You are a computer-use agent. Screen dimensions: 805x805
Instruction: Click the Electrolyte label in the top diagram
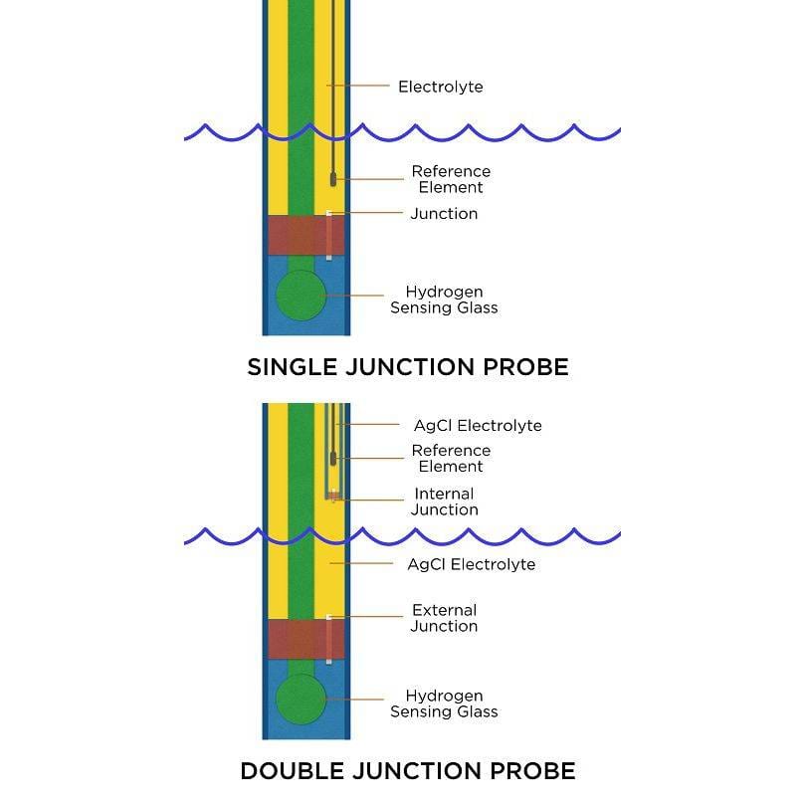pyautogui.click(x=440, y=87)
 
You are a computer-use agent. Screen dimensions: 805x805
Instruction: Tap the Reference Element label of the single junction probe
pyautogui.click(x=451, y=179)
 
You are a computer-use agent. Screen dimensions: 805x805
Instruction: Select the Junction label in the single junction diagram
pyautogui.click(x=444, y=214)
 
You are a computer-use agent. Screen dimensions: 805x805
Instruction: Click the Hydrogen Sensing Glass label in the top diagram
pyautogui.click(x=444, y=300)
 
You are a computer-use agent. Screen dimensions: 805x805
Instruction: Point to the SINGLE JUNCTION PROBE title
pyautogui.click(x=407, y=367)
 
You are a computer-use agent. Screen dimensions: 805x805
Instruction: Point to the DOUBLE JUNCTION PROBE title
pyautogui.click(x=407, y=770)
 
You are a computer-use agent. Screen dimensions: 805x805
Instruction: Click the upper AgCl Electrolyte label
pyautogui.click(x=478, y=425)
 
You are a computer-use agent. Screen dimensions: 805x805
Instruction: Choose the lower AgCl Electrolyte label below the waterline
pyautogui.click(x=471, y=564)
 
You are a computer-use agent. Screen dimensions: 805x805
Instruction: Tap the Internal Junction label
pyautogui.click(x=444, y=502)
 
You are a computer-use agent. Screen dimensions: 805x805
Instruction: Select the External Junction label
pyautogui.click(x=444, y=618)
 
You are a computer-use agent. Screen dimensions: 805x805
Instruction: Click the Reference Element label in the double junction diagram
pyautogui.click(x=451, y=458)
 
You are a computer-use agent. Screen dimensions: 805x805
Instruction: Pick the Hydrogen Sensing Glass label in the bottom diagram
pyautogui.click(x=444, y=704)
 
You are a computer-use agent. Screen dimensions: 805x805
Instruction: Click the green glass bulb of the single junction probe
pyautogui.click(x=301, y=296)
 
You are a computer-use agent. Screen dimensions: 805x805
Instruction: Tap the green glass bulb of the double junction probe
pyautogui.click(x=301, y=699)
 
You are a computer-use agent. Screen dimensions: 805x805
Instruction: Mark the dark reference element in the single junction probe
pyautogui.click(x=332, y=179)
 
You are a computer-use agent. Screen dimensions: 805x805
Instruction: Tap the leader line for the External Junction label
pyautogui.click(x=368, y=618)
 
